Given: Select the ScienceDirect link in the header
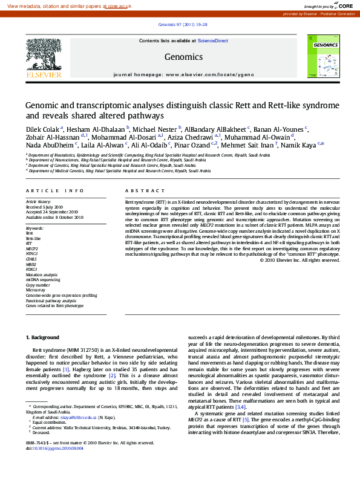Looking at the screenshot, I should click(x=212, y=41).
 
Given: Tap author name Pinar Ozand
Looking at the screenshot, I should click(x=192, y=145).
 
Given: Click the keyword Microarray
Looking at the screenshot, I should click(x=36, y=290).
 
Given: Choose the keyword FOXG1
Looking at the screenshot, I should click(x=31, y=269).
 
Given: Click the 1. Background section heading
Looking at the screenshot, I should click(x=42, y=337).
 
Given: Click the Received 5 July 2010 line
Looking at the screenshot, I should click(x=44, y=207).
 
